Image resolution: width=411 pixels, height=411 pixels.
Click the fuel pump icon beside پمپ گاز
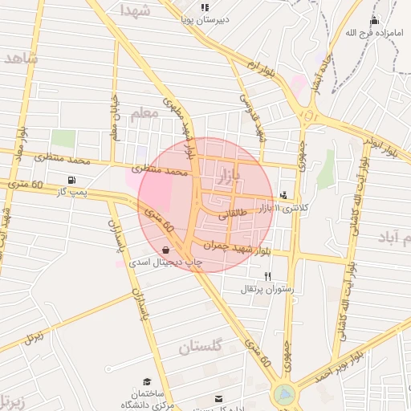coord(73,179)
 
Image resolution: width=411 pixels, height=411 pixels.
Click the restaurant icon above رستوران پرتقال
coord(256,275)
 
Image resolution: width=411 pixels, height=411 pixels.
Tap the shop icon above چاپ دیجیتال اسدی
coord(165,250)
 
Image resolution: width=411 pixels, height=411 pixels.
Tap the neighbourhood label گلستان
coord(198,347)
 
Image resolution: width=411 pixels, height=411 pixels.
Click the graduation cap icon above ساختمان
coord(147,381)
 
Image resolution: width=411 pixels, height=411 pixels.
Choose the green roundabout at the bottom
coord(283,394)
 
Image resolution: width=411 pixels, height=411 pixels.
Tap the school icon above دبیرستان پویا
coord(205,6)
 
